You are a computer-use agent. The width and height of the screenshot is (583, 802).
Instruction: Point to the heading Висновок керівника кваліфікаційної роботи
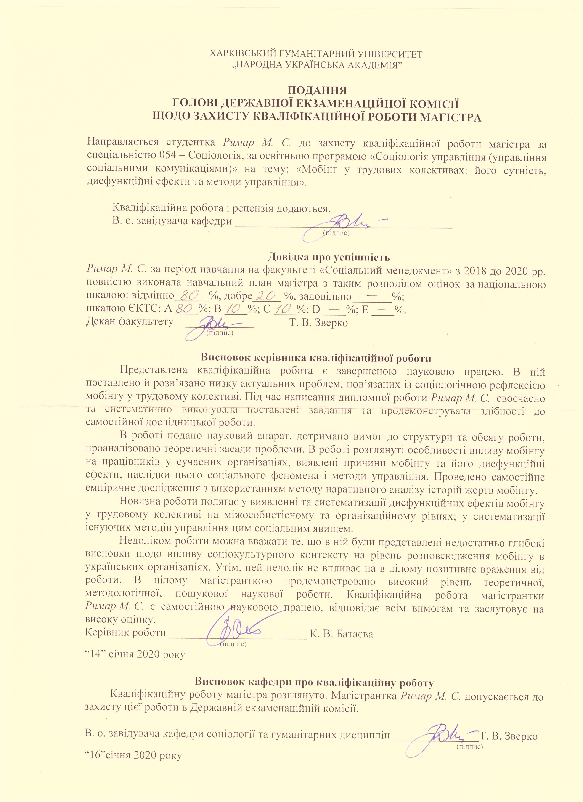tap(316, 358)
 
